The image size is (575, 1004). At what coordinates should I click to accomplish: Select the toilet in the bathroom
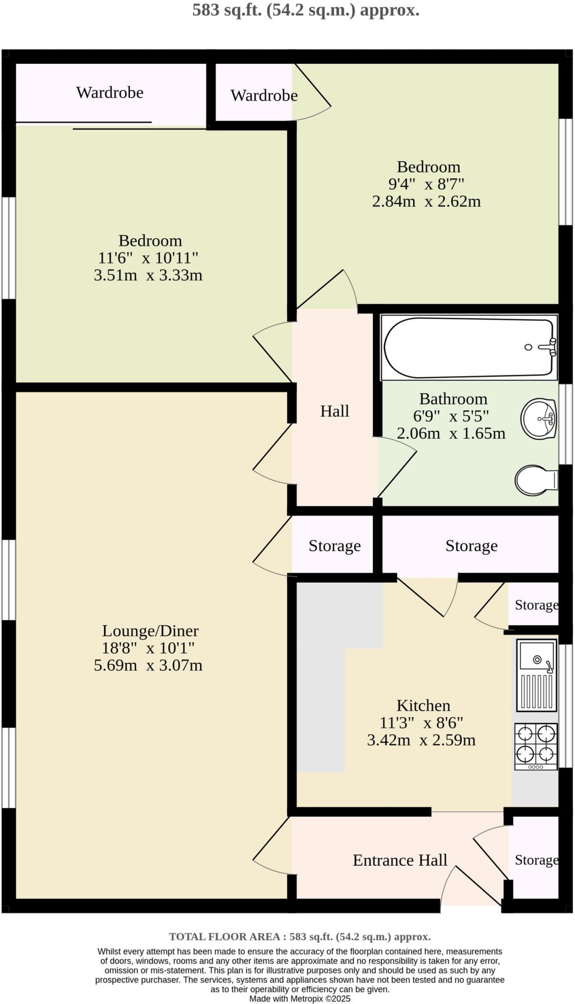(535, 480)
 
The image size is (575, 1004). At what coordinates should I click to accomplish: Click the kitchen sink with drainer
(537, 675)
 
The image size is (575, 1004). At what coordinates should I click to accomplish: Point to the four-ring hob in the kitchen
(536, 746)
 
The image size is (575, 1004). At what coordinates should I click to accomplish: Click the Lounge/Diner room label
(150, 630)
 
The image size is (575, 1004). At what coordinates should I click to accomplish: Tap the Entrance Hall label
(400, 860)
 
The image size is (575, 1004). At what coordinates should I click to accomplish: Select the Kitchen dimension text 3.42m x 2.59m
(421, 740)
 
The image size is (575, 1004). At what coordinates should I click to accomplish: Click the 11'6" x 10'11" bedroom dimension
(148, 258)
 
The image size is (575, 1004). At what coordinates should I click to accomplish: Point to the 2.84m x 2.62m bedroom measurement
(426, 201)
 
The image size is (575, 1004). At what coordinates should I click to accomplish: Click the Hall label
(335, 411)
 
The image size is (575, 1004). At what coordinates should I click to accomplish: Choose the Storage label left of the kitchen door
(335, 546)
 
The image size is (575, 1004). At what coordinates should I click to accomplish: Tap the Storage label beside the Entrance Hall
(536, 860)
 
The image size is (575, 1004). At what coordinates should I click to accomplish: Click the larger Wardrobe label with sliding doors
(110, 93)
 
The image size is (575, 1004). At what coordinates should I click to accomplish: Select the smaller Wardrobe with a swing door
(264, 95)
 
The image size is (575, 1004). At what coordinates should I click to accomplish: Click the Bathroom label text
(453, 399)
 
